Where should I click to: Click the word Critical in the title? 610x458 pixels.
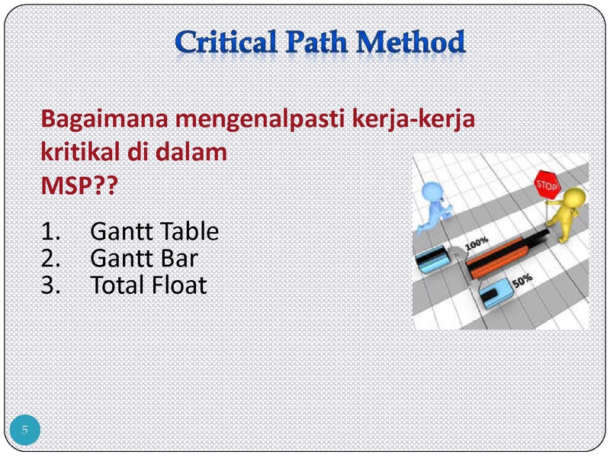click(226, 42)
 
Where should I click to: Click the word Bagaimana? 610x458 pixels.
click(104, 120)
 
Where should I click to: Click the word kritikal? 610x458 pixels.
click(80, 151)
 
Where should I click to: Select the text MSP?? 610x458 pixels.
click(79, 185)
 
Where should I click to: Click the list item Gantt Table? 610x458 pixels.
click(155, 231)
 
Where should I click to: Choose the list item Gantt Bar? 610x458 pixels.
click(144, 258)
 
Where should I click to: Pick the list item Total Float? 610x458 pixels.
click(148, 285)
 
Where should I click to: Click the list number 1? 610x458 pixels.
click(50, 232)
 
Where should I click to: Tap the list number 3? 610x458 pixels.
click(50, 285)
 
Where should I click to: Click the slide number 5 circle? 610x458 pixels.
click(25, 430)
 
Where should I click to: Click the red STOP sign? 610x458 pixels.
click(547, 185)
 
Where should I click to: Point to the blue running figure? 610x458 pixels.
click(435, 206)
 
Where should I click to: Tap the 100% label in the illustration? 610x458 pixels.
click(477, 244)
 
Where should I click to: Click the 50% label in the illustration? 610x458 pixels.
click(522, 280)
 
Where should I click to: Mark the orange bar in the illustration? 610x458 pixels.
click(499, 257)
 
